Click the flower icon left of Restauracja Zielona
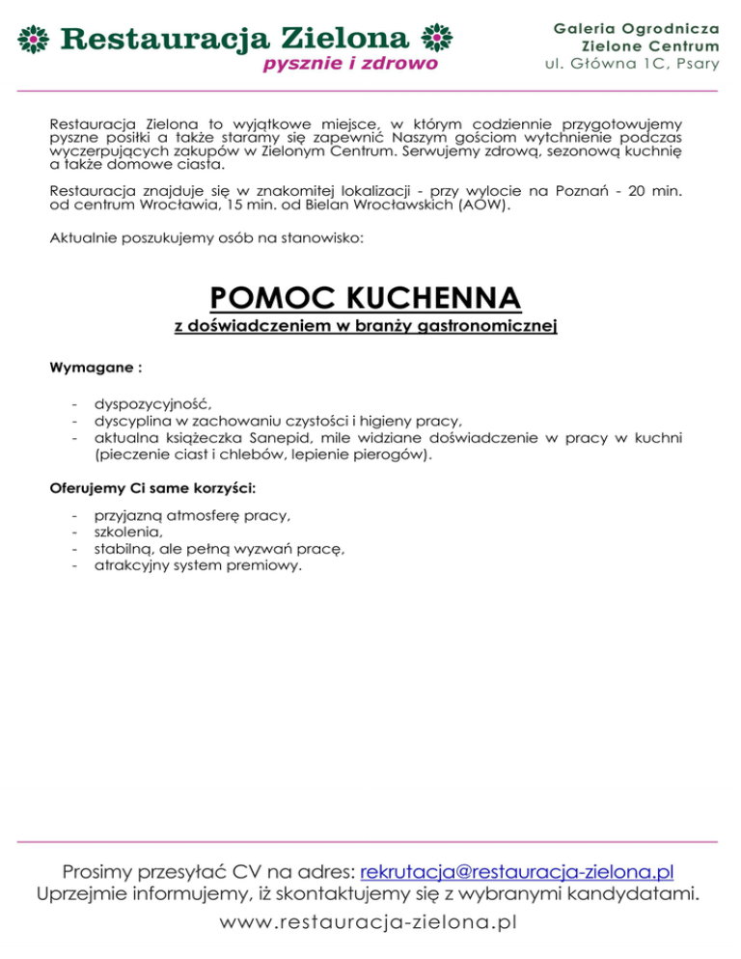tap(36, 41)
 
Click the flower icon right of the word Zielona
tap(437, 40)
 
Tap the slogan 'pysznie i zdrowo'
tap(350, 64)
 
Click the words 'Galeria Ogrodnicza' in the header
tap(636, 29)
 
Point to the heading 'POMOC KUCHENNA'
tap(365, 295)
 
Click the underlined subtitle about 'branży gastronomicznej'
tap(367, 328)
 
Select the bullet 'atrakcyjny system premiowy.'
tap(198, 564)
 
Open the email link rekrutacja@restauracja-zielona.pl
tap(516, 873)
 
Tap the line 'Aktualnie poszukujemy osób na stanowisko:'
tap(208, 234)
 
